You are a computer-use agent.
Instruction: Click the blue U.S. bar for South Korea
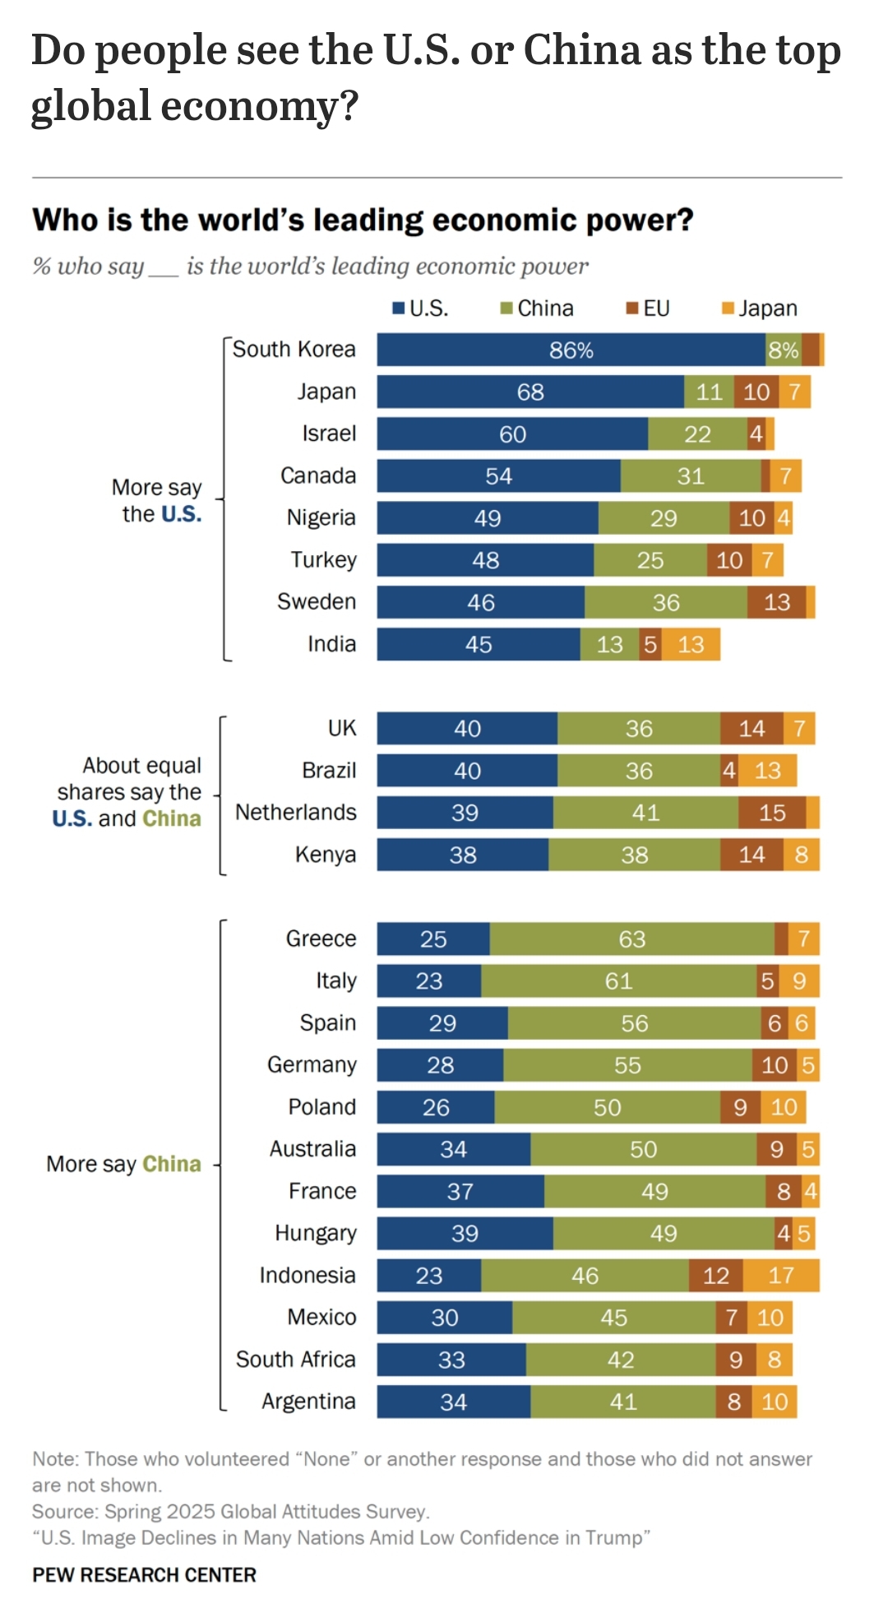tap(571, 350)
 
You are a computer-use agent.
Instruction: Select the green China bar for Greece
tap(631, 939)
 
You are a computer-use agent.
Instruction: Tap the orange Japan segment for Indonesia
tap(781, 1275)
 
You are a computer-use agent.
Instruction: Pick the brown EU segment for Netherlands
tap(771, 813)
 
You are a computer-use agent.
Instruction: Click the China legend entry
tap(538, 308)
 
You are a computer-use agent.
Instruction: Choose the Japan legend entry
tap(760, 308)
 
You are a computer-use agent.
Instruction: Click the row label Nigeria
tap(321, 517)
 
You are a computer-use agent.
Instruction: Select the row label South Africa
tap(295, 1360)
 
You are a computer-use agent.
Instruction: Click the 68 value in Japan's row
tap(530, 392)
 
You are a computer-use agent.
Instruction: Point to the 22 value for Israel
tap(697, 434)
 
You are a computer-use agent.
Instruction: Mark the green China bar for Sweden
tap(665, 602)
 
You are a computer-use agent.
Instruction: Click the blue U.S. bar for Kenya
tap(462, 855)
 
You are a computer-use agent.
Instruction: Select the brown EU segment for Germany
tap(774, 1065)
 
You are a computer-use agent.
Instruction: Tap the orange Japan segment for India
tap(691, 644)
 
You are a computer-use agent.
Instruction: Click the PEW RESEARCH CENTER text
tap(144, 1574)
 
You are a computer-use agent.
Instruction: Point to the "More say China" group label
tap(123, 1164)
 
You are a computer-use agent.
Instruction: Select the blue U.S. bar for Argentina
tap(453, 1402)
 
